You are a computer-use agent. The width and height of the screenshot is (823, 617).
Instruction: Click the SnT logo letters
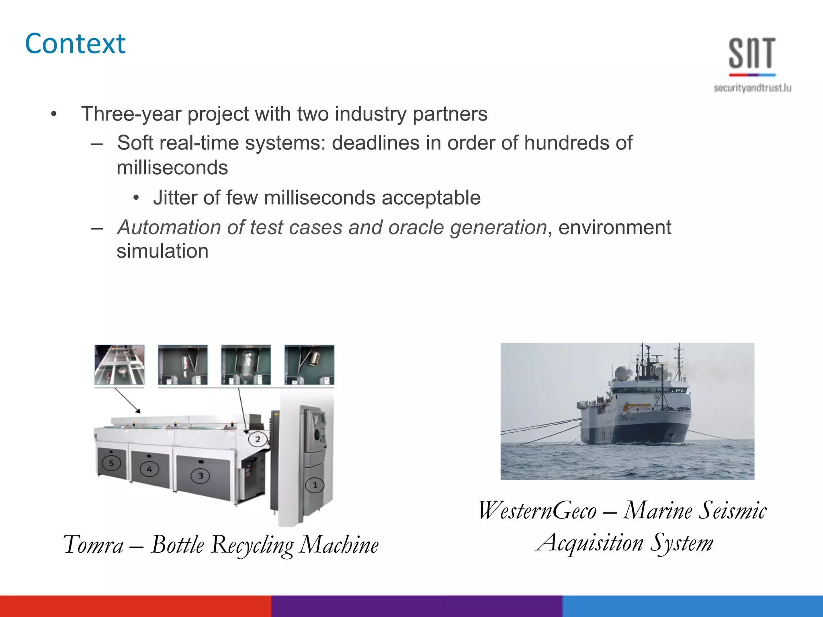(x=752, y=53)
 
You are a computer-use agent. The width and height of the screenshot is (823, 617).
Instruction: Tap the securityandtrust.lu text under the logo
(x=752, y=88)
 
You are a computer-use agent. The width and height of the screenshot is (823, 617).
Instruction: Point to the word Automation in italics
(x=169, y=227)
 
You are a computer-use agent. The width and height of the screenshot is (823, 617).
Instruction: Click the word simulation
(x=162, y=251)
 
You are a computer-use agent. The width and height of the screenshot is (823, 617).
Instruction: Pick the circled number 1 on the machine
(x=315, y=485)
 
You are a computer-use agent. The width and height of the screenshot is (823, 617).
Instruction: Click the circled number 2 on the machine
(x=258, y=439)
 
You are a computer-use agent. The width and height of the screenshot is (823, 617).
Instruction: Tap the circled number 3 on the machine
(x=201, y=476)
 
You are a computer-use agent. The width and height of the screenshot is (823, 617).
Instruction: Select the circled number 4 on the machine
(x=149, y=469)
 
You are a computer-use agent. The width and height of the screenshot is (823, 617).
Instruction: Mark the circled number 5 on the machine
(x=111, y=463)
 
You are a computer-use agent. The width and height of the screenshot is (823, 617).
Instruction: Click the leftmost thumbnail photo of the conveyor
(x=119, y=365)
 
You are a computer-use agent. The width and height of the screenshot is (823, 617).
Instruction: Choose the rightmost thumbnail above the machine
(x=309, y=365)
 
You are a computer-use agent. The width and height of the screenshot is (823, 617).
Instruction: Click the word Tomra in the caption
(x=94, y=545)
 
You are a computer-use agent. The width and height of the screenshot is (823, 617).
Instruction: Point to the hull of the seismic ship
(x=635, y=430)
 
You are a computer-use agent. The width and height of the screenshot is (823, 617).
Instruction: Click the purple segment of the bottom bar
(x=416, y=606)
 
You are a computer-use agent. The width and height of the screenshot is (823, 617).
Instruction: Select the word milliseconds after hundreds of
(x=172, y=168)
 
